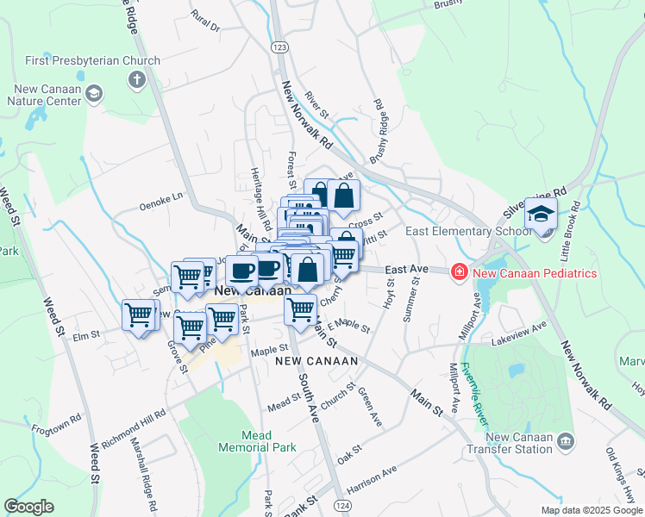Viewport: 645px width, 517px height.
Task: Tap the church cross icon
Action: point(135,81)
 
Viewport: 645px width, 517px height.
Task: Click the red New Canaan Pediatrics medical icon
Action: point(460,272)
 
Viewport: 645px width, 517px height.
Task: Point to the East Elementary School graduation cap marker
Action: point(541,215)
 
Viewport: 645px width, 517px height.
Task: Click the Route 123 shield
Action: point(278,47)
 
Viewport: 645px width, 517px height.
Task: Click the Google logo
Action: point(29,507)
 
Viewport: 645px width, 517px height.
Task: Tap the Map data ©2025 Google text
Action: point(592,510)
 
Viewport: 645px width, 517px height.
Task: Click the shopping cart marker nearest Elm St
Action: point(138,315)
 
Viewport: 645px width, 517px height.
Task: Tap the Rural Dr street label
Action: point(206,22)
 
